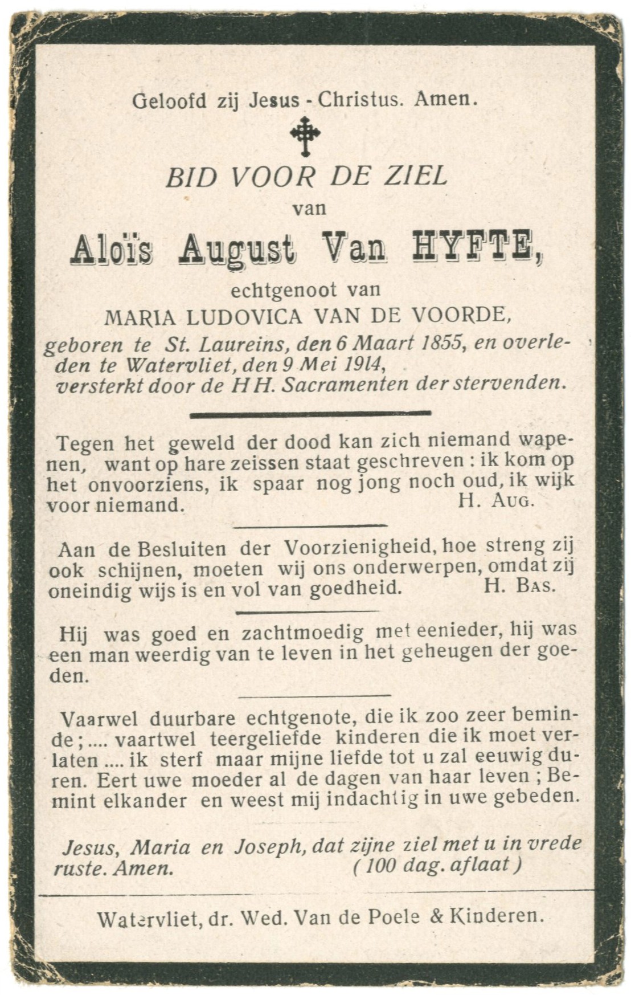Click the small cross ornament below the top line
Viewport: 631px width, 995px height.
tap(305, 136)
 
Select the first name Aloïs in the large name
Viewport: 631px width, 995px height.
tap(112, 250)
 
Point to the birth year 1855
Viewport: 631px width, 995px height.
tap(439, 344)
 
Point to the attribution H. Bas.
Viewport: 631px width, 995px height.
tap(518, 586)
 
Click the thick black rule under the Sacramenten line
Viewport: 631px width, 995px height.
tap(310, 414)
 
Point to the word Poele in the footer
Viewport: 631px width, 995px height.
tap(395, 917)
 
